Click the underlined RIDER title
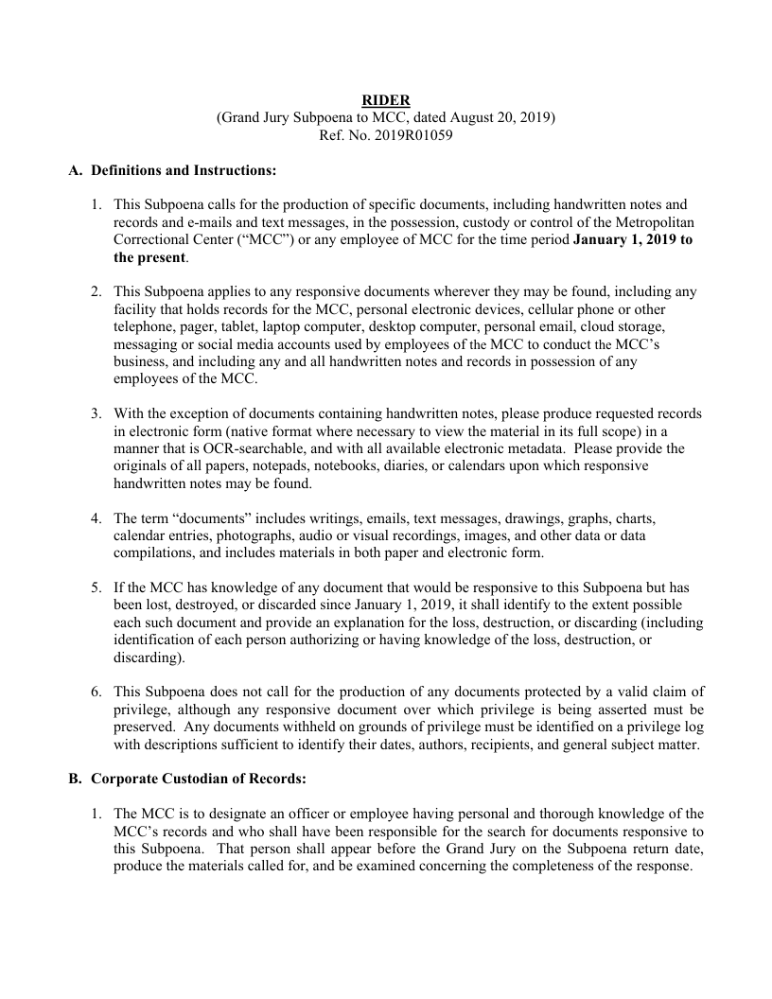(386, 100)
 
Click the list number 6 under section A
(96, 692)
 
